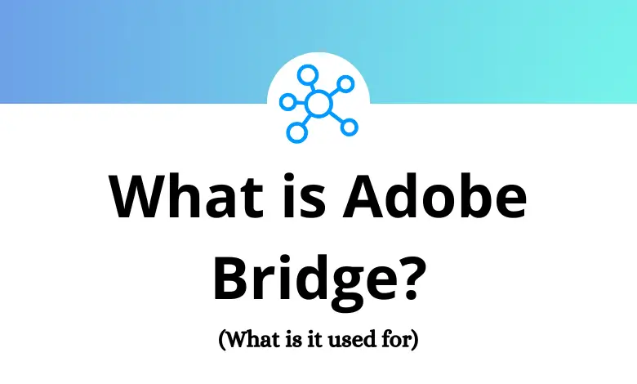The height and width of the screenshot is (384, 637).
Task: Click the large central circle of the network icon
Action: (x=318, y=103)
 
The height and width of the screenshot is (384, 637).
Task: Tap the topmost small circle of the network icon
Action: (x=307, y=75)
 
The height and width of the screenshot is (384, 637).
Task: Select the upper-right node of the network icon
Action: (x=346, y=83)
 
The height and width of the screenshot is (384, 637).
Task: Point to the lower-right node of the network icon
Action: (x=349, y=127)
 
